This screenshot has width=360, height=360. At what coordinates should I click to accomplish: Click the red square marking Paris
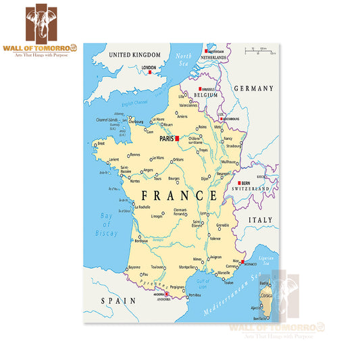coord(177,138)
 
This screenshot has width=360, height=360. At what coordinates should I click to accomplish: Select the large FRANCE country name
coord(179,196)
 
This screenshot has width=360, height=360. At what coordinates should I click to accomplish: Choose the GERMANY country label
coord(253,88)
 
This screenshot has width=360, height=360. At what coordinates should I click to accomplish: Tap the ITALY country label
coord(261,220)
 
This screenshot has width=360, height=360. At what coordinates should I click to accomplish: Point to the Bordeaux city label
coord(143,241)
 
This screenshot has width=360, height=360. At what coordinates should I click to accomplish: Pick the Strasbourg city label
coord(234,145)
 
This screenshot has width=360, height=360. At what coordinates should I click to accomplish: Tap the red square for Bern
coord(239,182)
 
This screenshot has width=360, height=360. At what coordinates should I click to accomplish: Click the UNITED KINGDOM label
coord(135,55)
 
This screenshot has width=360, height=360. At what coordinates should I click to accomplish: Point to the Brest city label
coord(101,144)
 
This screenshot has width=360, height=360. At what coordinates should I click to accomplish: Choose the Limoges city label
coord(156,216)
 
